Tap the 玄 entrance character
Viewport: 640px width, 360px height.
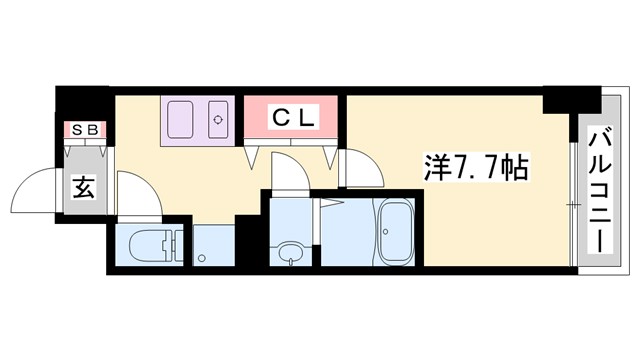83,186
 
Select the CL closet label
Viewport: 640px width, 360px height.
294,118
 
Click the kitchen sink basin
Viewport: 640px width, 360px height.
183,120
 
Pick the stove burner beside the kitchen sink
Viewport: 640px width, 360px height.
218,120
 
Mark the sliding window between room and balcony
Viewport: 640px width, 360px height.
573,205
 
